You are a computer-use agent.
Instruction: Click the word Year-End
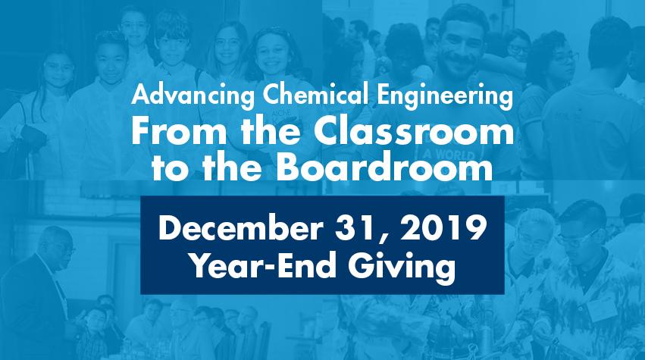(x=262, y=265)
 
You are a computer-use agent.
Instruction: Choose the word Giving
(x=402, y=268)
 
